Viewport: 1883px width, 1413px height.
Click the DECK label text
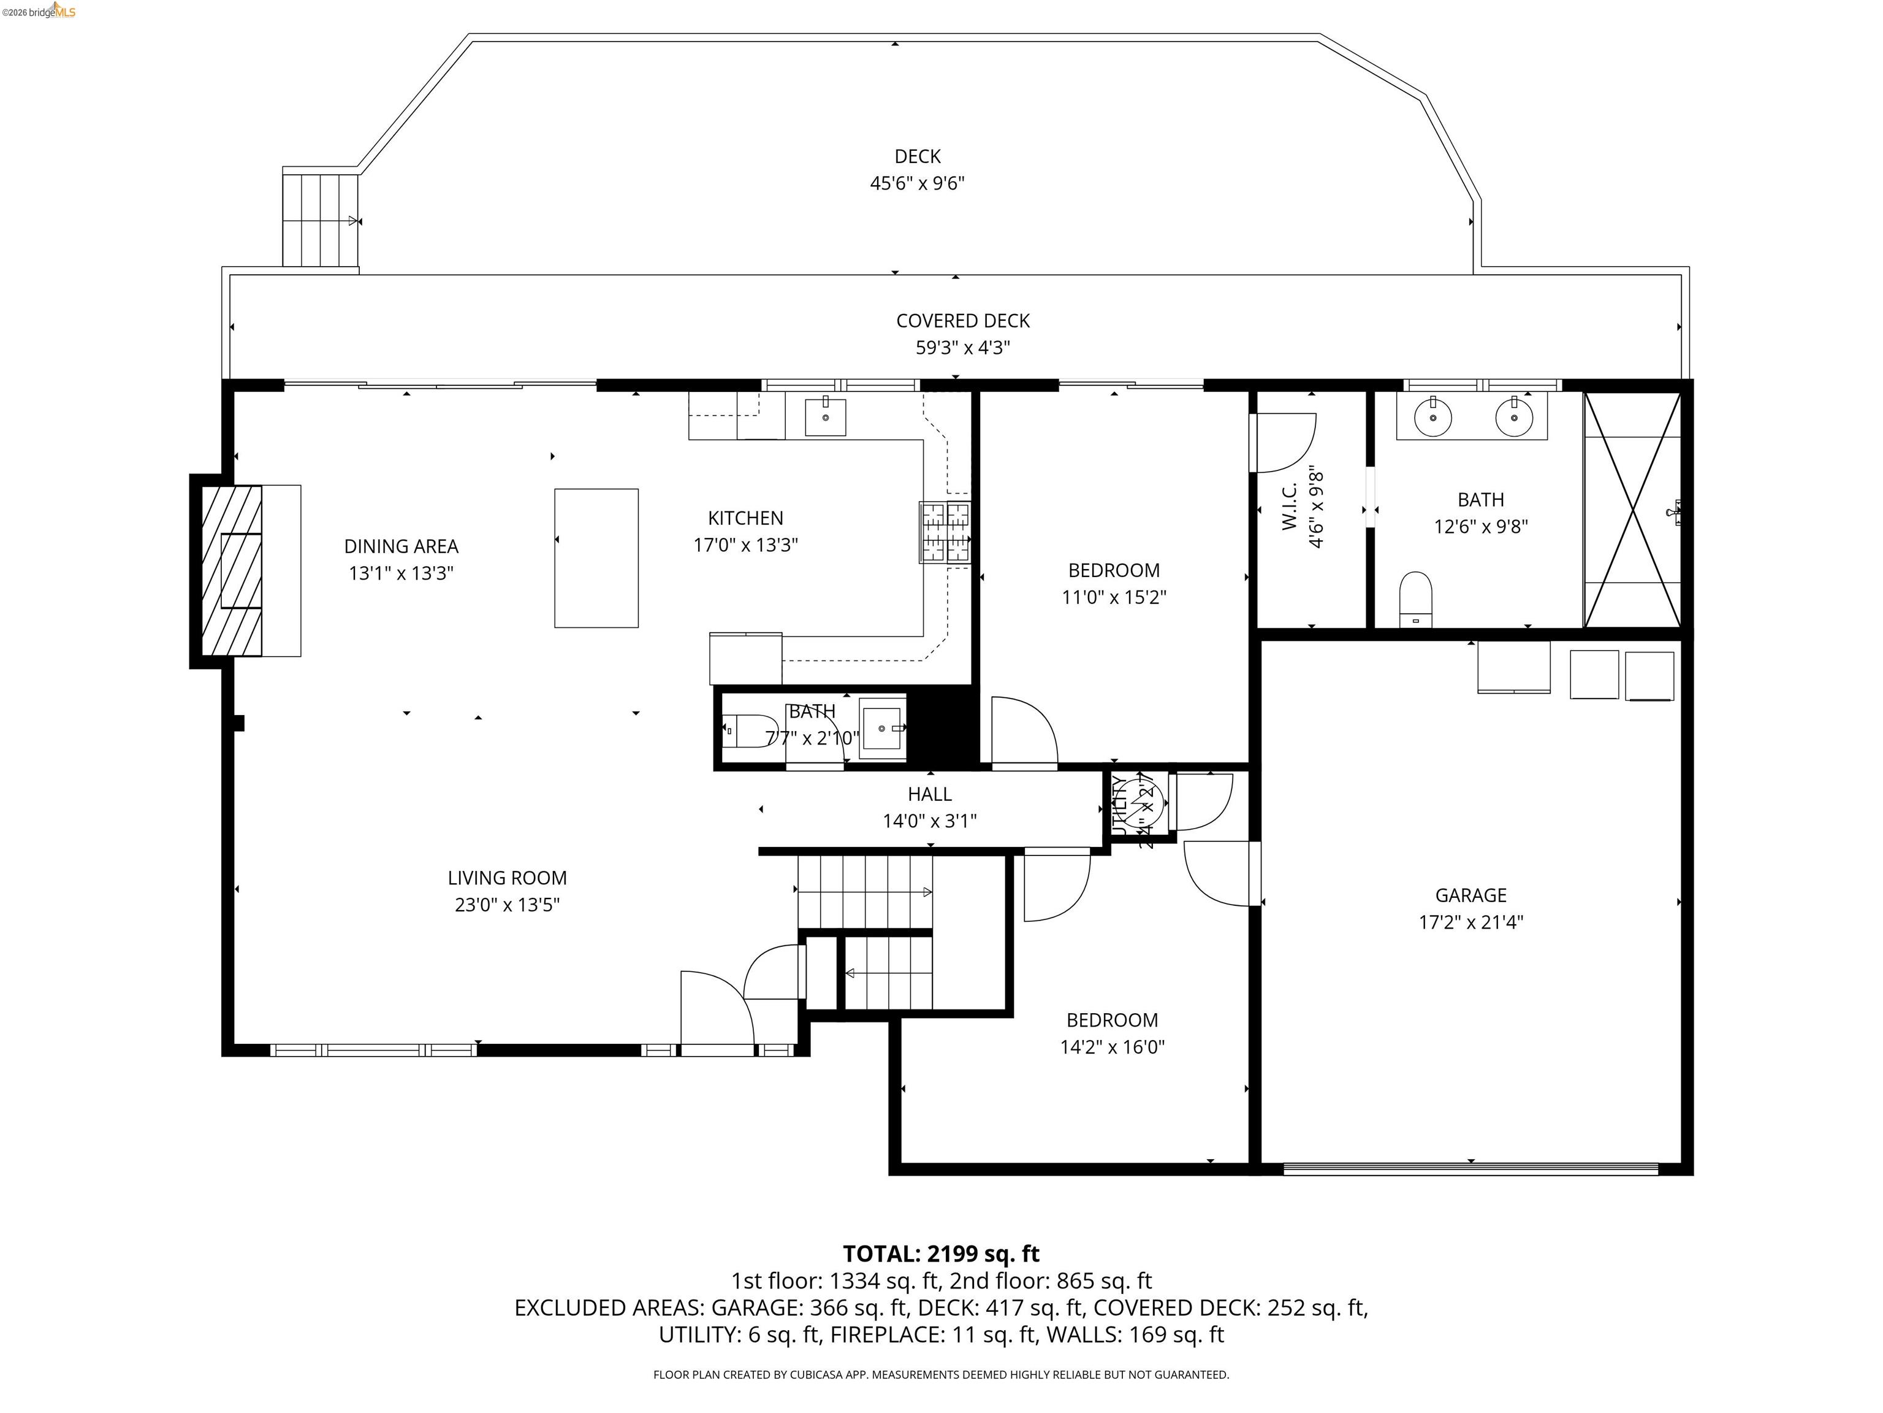(x=917, y=157)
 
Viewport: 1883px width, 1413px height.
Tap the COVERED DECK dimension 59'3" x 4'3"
(x=963, y=348)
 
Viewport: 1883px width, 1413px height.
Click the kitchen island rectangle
(x=596, y=558)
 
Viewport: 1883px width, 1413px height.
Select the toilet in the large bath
(x=1416, y=599)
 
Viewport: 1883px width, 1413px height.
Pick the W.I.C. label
(x=1290, y=505)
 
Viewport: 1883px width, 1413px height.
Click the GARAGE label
(x=1470, y=895)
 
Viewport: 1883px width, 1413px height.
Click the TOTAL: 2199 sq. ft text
(x=941, y=1254)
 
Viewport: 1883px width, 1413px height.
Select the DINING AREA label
(x=401, y=546)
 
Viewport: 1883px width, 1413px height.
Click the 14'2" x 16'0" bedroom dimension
(x=1112, y=1047)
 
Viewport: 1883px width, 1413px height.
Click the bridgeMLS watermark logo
(x=39, y=12)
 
